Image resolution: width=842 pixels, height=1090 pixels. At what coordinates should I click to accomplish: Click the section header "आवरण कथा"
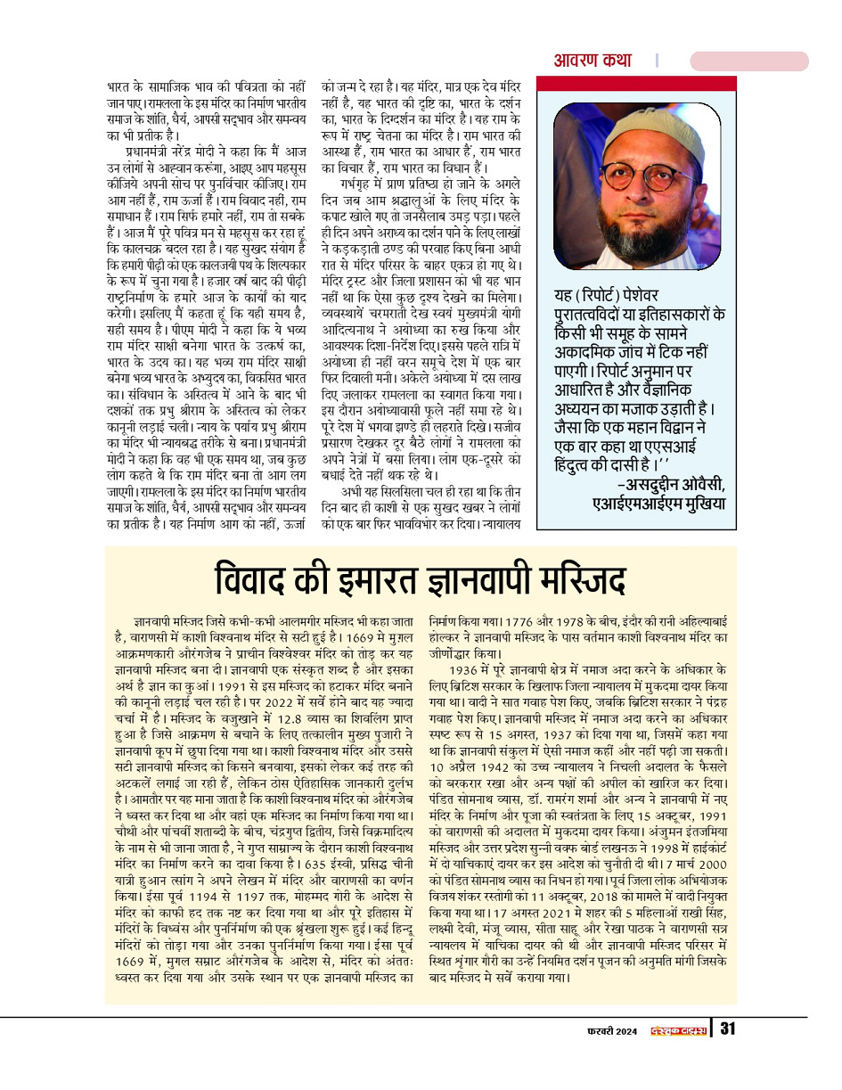(x=593, y=61)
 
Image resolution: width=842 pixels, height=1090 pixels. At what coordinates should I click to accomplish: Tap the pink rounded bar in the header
(x=748, y=61)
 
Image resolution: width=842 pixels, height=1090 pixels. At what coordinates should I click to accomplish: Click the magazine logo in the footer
(x=677, y=1031)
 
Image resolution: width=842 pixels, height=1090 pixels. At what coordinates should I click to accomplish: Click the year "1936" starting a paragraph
(x=469, y=668)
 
